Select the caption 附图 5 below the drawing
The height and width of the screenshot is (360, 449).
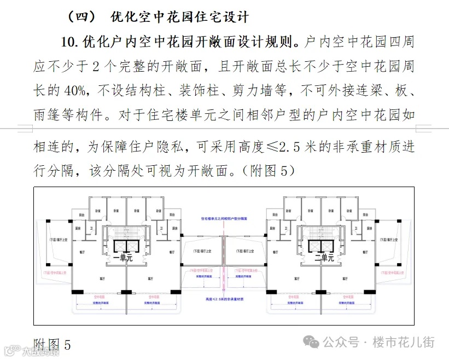coord(53,345)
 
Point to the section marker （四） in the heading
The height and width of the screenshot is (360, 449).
coord(81,17)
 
